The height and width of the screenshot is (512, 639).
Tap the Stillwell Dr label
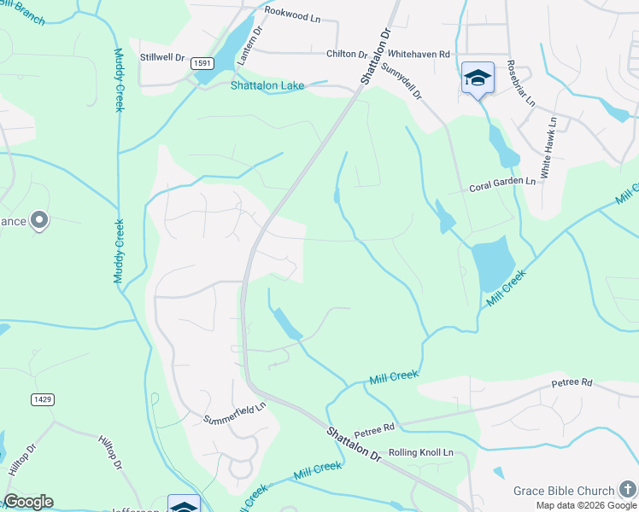[162, 58]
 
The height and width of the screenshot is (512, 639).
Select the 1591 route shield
[202, 63]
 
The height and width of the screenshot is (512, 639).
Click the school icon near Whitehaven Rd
[478, 79]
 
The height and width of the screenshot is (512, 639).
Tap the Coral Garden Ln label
[502, 182]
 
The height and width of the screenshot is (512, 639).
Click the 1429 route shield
[40, 399]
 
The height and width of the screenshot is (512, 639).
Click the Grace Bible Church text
[563, 491]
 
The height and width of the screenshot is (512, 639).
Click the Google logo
[28, 502]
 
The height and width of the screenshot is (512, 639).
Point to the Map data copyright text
[586, 505]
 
